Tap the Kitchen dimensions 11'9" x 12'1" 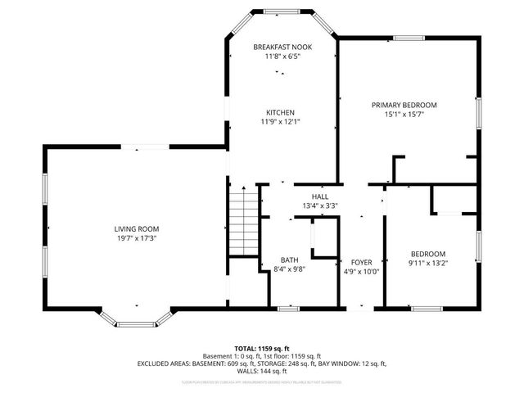coord(280,122)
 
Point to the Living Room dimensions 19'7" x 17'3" coord(137,238)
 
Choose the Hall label coord(319,196)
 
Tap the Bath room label coord(290,259)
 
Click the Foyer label coord(361,263)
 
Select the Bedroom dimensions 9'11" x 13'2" coord(428,263)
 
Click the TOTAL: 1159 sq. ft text coord(262,348)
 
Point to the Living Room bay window coord(135,320)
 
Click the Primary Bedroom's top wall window coord(407,38)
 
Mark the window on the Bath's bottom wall coord(286,309)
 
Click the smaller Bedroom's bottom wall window coord(427,309)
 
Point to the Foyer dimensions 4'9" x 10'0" coord(361,272)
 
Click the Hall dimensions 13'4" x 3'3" coord(319,206)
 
